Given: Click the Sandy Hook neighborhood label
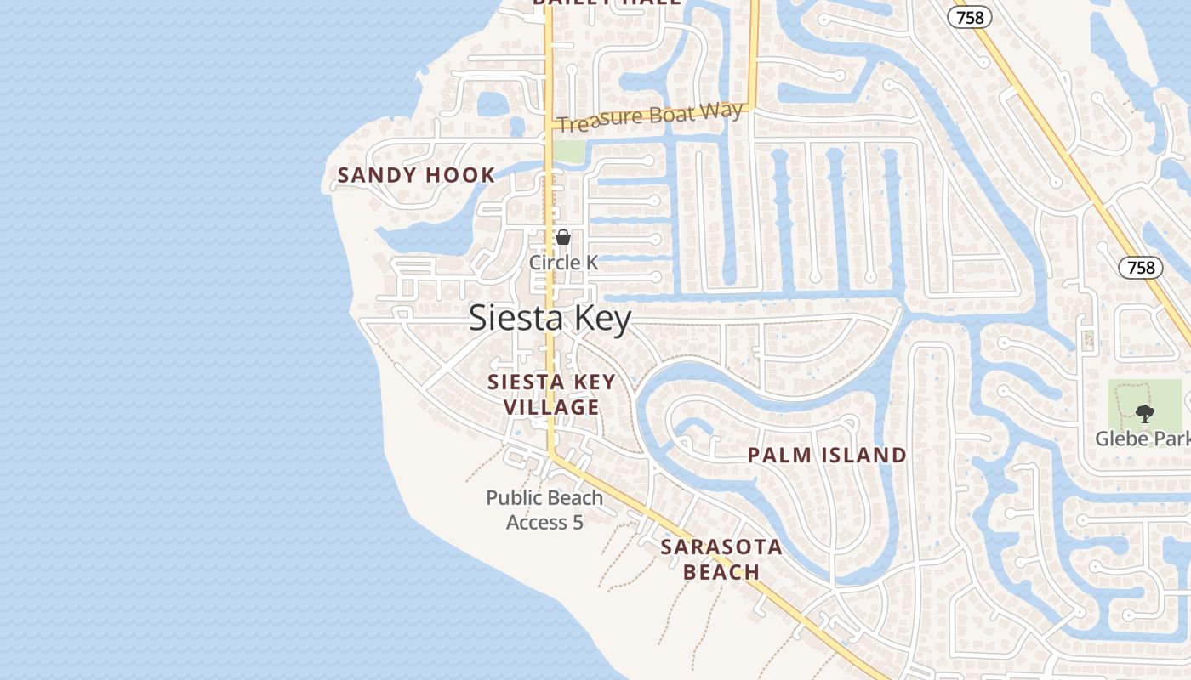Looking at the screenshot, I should [416, 176].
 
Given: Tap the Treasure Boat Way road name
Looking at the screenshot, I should [652, 117].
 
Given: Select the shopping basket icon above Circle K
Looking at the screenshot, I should [563, 237].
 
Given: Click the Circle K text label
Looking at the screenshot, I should [563, 263].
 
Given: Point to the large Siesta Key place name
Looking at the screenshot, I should [550, 319].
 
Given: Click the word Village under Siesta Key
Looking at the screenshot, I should [551, 407].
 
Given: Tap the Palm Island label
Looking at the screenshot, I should [827, 456].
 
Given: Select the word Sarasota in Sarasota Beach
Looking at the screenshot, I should [721, 547].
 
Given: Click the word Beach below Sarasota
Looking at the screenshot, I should [721, 572].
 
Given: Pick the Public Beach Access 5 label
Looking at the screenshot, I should [544, 510].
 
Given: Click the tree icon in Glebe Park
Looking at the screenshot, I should [1145, 414].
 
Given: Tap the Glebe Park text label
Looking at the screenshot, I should [1142, 439].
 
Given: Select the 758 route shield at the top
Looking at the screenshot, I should [970, 17].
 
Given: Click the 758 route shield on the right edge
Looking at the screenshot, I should [1140, 268].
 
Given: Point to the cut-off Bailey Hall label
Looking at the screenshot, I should [607, 3].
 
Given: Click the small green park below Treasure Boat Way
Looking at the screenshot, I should [568, 151].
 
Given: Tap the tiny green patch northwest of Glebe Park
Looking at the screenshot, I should [1087, 340].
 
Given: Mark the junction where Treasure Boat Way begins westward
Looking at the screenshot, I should [550, 126].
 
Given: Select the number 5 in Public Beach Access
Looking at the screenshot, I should [578, 522].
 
